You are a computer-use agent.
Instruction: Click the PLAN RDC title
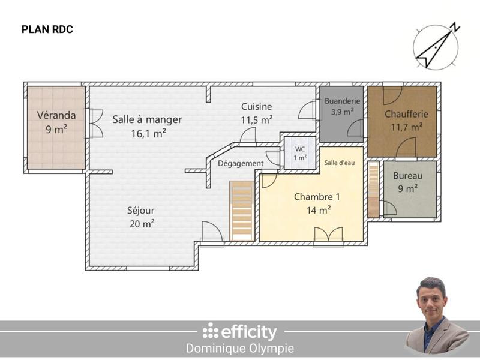pyautogui.click(x=47, y=29)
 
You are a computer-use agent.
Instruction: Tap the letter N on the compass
pyautogui.click(x=455, y=26)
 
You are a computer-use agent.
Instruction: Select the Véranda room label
pyautogui.click(x=56, y=115)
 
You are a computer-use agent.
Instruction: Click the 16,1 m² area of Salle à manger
pyautogui.click(x=148, y=134)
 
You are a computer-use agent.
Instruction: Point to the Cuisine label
pyautogui.click(x=256, y=107)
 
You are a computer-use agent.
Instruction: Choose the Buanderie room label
pyautogui.click(x=343, y=101)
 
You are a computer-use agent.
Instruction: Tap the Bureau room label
pyautogui.click(x=408, y=176)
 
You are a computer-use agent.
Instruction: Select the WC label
pyautogui.click(x=299, y=149)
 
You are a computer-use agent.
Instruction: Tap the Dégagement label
pyautogui.click(x=241, y=163)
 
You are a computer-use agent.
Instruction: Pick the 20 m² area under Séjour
pyautogui.click(x=142, y=224)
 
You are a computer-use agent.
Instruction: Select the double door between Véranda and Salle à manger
pyautogui.click(x=94, y=124)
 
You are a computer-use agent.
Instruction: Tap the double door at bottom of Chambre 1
pyautogui.click(x=328, y=235)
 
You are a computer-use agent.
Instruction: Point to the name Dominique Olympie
pyautogui.click(x=240, y=349)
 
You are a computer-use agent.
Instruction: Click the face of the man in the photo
pyautogui.click(x=432, y=297)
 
